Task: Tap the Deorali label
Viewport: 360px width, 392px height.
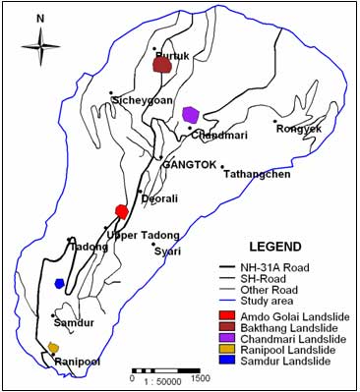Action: click(x=159, y=196)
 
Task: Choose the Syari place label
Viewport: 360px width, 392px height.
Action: click(x=167, y=251)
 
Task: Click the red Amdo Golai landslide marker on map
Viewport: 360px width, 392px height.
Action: click(x=122, y=211)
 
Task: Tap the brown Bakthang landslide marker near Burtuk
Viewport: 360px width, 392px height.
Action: click(x=162, y=66)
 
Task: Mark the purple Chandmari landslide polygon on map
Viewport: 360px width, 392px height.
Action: click(x=191, y=115)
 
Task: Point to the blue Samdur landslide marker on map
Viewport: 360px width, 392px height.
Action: click(x=60, y=283)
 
